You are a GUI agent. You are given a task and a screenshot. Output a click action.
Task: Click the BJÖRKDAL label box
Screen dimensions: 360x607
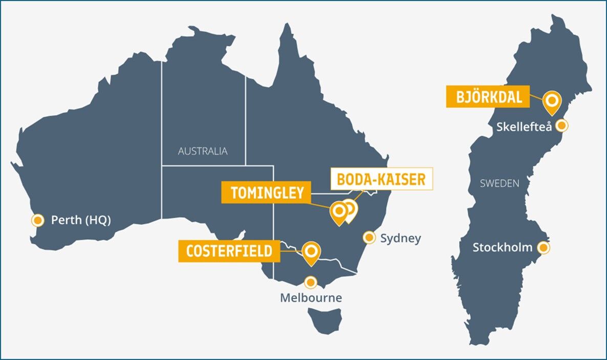(487, 97)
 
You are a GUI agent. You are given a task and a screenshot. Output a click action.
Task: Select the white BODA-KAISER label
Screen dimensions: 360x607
(381, 179)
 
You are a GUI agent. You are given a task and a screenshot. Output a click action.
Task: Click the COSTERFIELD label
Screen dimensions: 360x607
(229, 251)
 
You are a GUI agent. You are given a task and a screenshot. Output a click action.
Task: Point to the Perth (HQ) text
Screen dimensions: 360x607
(81, 220)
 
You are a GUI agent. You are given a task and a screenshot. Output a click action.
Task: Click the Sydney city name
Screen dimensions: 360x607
(401, 238)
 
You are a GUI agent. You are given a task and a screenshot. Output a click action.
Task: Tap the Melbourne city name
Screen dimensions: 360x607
(311, 298)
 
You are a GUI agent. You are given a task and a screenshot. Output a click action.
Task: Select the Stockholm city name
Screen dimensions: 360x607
(503, 248)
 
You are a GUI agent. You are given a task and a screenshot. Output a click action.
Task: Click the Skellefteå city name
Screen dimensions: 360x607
(524, 126)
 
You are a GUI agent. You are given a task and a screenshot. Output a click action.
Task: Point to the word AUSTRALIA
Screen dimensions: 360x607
(203, 152)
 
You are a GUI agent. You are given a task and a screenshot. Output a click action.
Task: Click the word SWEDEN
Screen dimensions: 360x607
(500, 183)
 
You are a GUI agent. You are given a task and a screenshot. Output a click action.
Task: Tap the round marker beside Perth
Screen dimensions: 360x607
(37, 220)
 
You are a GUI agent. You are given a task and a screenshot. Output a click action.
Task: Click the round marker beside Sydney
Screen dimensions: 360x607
(368, 238)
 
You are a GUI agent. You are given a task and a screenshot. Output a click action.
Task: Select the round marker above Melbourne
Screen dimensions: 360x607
(310, 282)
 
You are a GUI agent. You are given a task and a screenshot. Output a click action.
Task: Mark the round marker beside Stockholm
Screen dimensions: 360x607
(544, 248)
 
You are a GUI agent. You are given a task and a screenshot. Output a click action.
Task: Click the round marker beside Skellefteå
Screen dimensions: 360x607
(561, 125)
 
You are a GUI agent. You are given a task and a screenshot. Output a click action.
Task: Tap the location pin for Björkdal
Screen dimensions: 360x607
(552, 101)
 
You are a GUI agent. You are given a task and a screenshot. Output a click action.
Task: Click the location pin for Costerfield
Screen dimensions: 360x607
(311, 252)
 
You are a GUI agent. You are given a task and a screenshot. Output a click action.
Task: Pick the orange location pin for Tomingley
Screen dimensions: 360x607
(338, 211)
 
